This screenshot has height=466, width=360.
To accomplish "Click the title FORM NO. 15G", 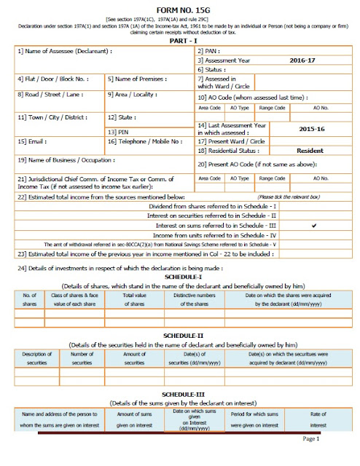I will (180, 9).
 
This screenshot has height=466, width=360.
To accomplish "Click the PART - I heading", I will (180, 43).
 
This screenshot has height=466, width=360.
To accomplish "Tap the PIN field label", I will (117, 132).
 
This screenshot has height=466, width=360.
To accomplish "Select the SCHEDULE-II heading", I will (180, 334).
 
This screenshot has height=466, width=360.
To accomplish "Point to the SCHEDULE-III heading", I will (180, 393).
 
